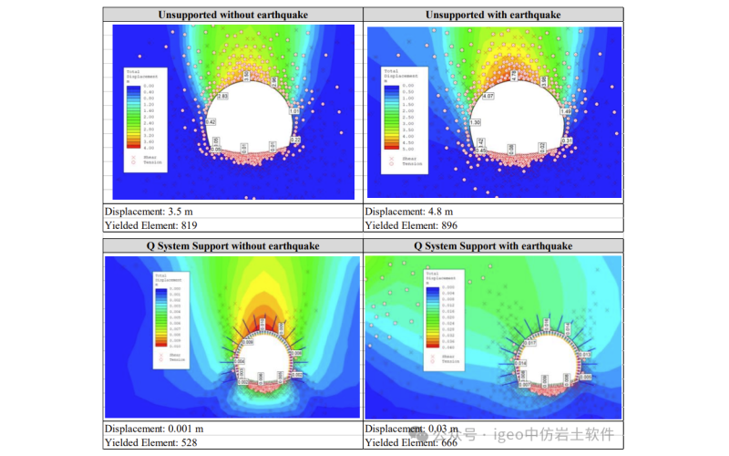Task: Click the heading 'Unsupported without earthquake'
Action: click(x=232, y=16)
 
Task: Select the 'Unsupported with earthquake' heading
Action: click(x=493, y=16)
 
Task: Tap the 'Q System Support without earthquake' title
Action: click(x=232, y=246)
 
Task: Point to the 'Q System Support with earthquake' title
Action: click(x=493, y=246)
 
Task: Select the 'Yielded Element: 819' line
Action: click(x=150, y=224)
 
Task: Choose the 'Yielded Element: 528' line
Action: click(x=150, y=442)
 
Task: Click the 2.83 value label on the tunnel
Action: click(x=222, y=96)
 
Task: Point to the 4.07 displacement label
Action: click(x=488, y=95)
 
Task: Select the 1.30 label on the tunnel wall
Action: click(x=475, y=122)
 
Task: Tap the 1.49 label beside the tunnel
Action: click(x=566, y=111)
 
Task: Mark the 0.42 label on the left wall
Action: click(x=210, y=121)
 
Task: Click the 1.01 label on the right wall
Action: click(x=293, y=110)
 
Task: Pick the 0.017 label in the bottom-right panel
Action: click(x=530, y=343)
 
